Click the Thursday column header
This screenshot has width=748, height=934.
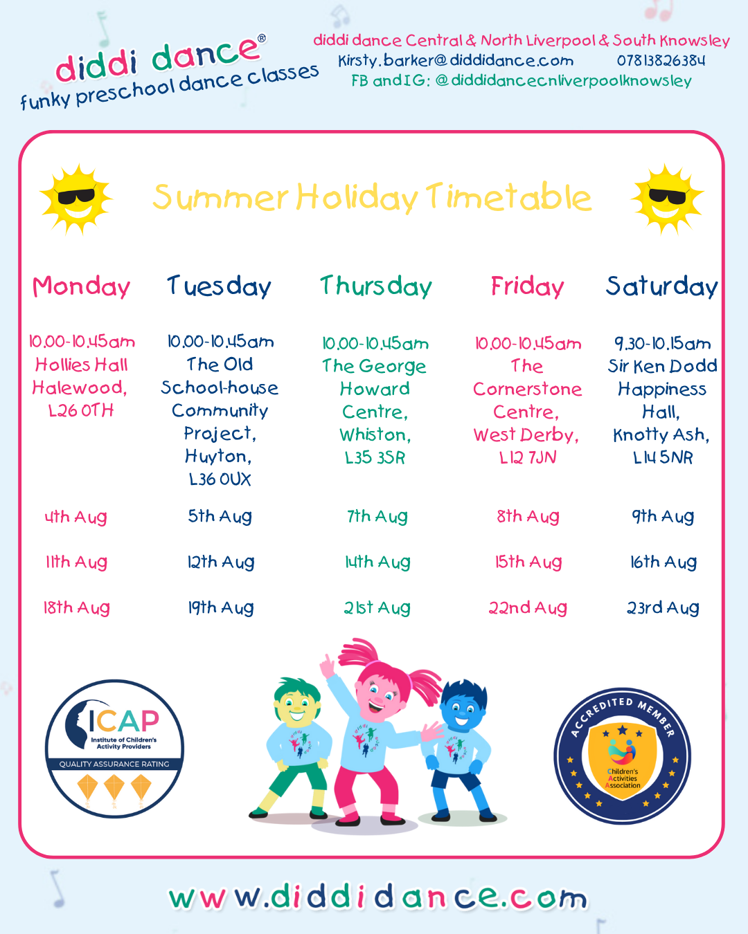[376, 286]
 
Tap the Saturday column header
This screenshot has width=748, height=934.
[662, 286]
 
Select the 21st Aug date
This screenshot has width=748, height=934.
[377, 607]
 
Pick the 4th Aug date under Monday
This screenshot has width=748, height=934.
[75, 517]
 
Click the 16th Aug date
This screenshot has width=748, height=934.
[664, 562]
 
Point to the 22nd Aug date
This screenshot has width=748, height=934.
[528, 607]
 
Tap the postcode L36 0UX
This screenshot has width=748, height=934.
[220, 479]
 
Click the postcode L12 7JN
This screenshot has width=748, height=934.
[528, 457]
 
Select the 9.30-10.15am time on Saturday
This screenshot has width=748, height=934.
[662, 344]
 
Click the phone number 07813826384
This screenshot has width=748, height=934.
[661, 60]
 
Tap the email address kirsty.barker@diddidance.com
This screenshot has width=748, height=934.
[456, 61]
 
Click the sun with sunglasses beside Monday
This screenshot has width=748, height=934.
[76, 200]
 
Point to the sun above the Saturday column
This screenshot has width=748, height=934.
[667, 200]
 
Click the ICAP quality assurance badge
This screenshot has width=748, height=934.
[114, 749]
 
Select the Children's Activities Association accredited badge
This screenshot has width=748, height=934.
[622, 756]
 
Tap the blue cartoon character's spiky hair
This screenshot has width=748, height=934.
[464, 694]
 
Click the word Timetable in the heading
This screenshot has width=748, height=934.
[508, 197]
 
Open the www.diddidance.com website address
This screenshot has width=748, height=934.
[377, 896]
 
